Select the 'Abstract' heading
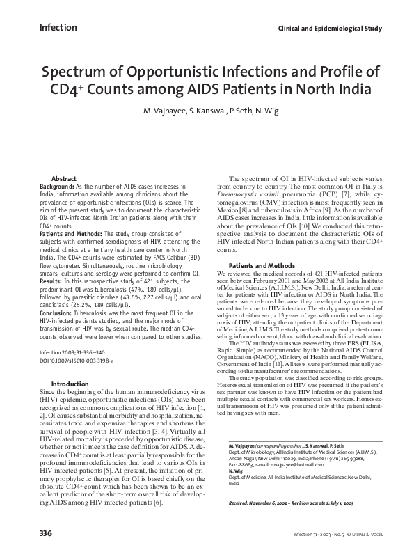coord(64,179)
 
